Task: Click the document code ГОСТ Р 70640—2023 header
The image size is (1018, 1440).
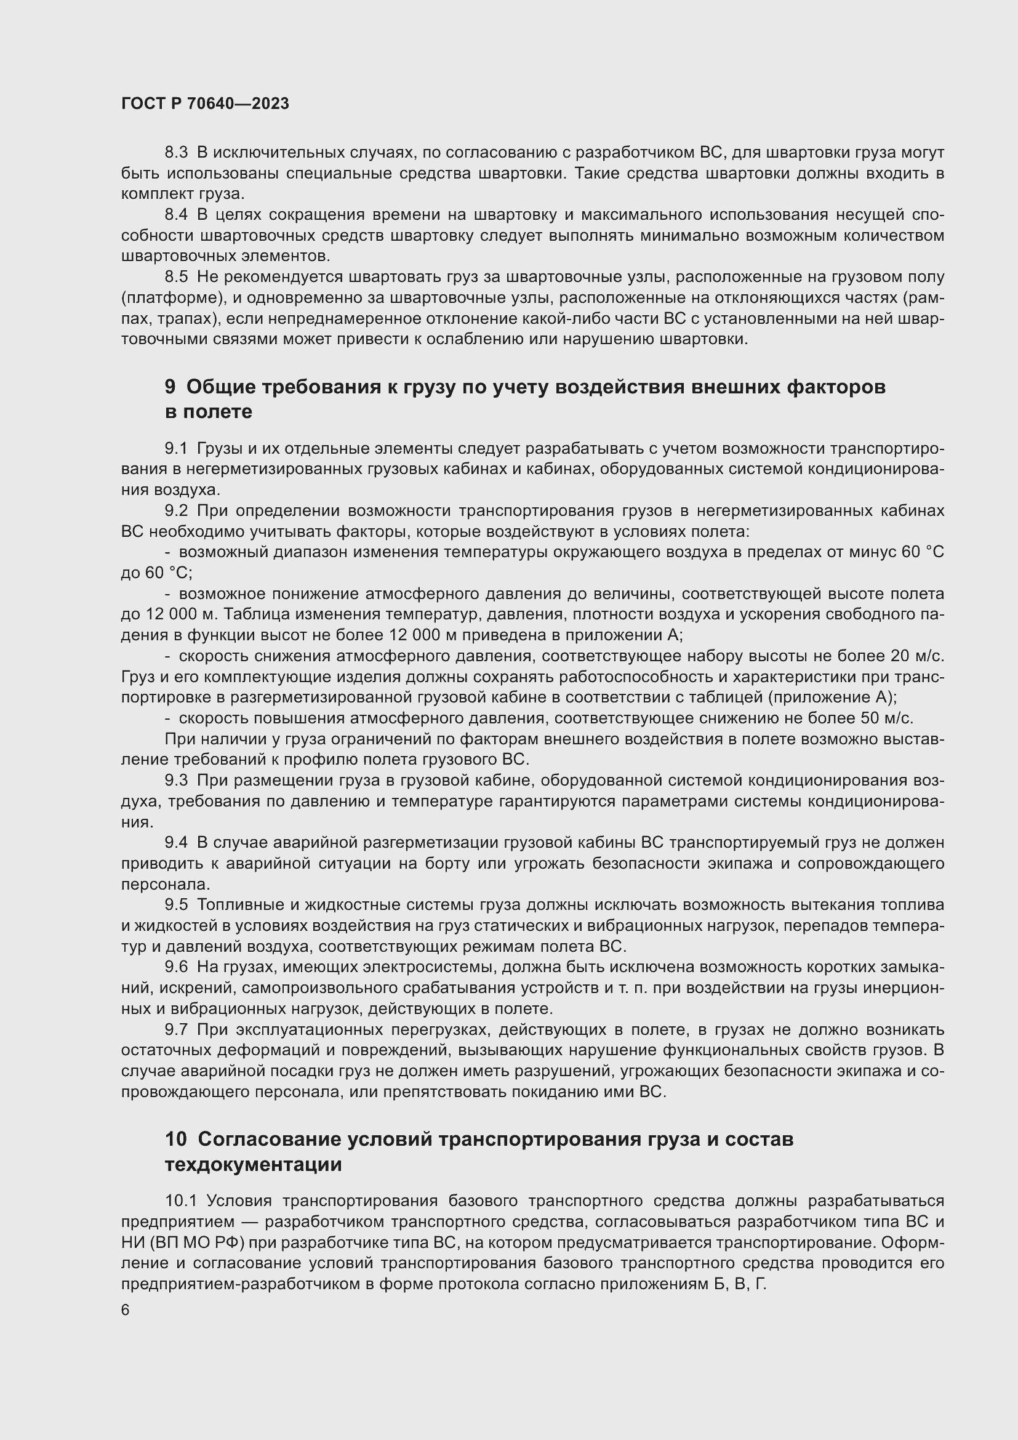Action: [205, 104]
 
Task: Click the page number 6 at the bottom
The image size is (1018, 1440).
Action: [126, 1310]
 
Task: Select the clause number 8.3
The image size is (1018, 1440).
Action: [176, 153]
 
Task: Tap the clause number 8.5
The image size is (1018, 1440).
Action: [176, 276]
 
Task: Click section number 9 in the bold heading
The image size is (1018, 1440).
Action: [170, 387]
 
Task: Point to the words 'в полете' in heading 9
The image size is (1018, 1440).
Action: [208, 411]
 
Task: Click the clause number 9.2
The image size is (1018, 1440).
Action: [176, 511]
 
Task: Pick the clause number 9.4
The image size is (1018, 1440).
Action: [176, 842]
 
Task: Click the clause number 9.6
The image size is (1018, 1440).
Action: [176, 967]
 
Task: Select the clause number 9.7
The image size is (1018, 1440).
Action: [176, 1029]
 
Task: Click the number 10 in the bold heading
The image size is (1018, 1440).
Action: [175, 1139]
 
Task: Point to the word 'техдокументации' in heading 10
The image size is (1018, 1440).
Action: [253, 1165]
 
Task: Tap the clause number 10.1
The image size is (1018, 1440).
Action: [180, 1201]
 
